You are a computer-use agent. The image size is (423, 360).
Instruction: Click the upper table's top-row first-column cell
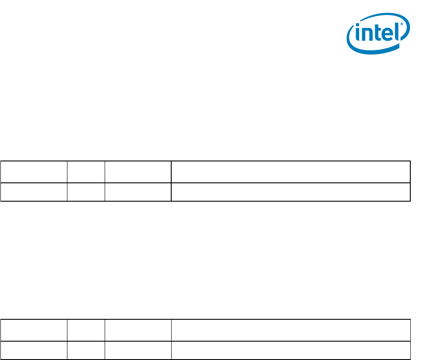coord(34,172)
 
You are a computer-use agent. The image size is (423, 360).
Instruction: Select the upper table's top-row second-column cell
coord(86,172)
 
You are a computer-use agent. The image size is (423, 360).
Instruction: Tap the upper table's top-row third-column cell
coord(138,172)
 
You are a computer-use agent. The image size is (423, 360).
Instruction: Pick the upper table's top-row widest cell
coord(291,172)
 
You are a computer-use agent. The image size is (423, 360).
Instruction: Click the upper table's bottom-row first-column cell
coord(34,192)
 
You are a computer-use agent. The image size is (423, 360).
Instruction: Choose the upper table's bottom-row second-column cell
coord(86,192)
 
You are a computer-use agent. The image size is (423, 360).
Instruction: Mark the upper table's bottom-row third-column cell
coord(138,192)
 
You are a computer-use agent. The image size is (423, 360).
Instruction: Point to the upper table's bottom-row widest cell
coord(291,192)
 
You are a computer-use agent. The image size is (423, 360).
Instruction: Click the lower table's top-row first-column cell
coord(34,330)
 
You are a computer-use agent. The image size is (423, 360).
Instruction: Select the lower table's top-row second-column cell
coord(86,330)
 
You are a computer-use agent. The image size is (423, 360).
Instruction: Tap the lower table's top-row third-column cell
coord(138,330)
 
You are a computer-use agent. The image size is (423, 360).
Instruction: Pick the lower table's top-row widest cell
coord(291,330)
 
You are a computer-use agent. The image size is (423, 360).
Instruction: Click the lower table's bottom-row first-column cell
coord(34,350)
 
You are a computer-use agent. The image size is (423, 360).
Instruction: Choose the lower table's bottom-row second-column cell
coord(86,350)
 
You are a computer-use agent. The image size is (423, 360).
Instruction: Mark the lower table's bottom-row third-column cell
coord(138,350)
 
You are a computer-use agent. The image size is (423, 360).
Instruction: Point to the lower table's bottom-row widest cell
coord(291,350)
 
